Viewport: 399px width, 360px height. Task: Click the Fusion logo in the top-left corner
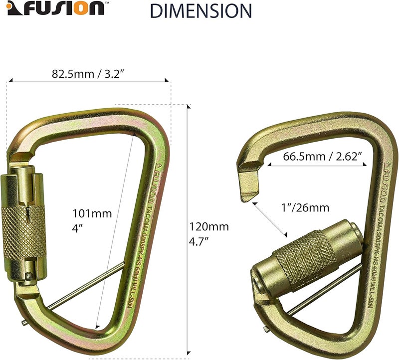tap(55, 9)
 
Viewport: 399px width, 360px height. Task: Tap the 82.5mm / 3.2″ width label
tap(87, 74)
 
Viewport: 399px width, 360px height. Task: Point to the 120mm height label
tap(208, 227)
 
